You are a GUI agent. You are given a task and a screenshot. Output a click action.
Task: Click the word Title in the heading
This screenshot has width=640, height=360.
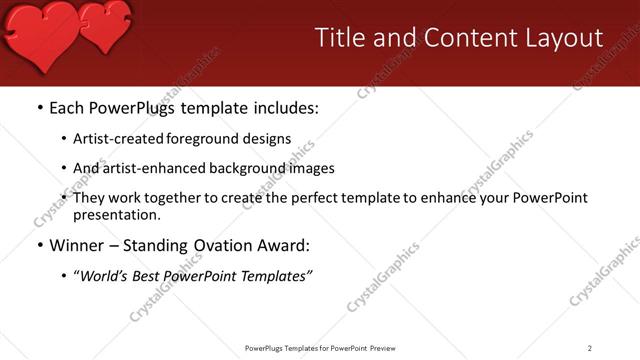(x=340, y=38)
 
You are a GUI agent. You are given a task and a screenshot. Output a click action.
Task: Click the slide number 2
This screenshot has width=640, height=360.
(x=590, y=347)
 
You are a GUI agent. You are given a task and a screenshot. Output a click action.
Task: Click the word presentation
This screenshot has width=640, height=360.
(x=115, y=214)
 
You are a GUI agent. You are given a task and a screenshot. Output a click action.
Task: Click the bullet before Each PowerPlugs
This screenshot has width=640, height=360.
(x=39, y=107)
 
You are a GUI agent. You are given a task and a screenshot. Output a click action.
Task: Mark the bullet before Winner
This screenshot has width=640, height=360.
(x=39, y=245)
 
